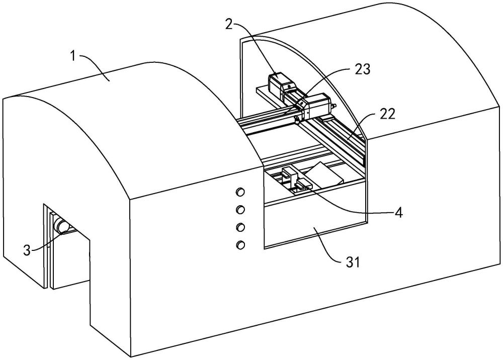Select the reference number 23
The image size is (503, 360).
point(362,69)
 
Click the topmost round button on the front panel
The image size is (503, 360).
point(240,192)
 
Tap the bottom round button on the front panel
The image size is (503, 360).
point(240,245)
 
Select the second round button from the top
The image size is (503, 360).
point(240,209)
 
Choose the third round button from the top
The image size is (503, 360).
point(240,227)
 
